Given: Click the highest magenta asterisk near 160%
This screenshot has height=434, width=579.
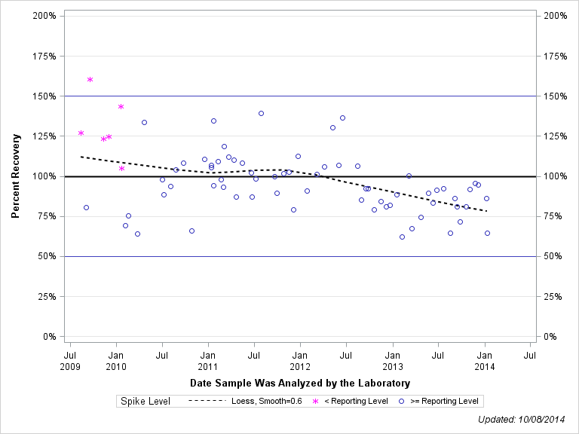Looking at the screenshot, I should click(90, 79).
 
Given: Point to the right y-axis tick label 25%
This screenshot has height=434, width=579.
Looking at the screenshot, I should click(553, 296).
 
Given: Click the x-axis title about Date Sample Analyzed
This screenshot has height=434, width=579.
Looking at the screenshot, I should click(300, 384).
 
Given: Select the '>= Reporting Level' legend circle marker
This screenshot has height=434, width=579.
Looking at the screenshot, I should click(402, 401).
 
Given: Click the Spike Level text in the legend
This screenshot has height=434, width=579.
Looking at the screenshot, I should click(146, 401).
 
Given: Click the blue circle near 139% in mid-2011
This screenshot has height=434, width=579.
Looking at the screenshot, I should click(261, 113).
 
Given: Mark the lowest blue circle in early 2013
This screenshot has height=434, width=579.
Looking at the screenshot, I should click(402, 237).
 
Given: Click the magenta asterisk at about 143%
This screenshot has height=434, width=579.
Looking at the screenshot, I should click(121, 107).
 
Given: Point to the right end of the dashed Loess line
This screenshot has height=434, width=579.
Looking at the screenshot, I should click(487, 211).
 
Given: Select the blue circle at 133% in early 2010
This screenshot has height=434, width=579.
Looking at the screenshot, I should click(144, 122).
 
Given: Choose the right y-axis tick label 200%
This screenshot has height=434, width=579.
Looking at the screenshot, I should click(555, 16).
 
